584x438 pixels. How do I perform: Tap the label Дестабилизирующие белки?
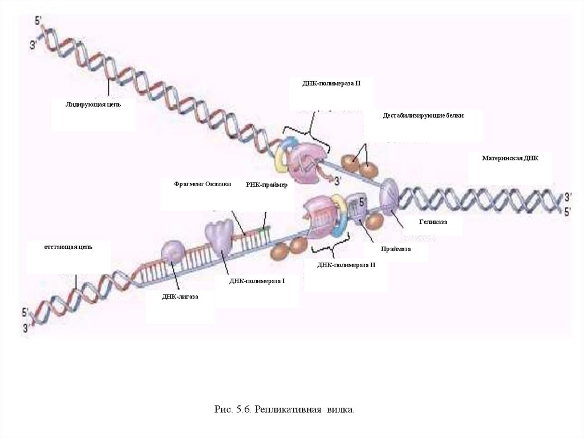click(423, 115)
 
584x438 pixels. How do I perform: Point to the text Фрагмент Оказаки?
click(202, 184)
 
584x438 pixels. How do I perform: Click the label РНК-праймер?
click(266, 185)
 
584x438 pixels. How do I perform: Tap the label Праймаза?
click(396, 249)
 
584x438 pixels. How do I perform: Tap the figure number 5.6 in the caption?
click(242, 409)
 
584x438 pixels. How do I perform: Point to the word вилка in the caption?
click(340, 409)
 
